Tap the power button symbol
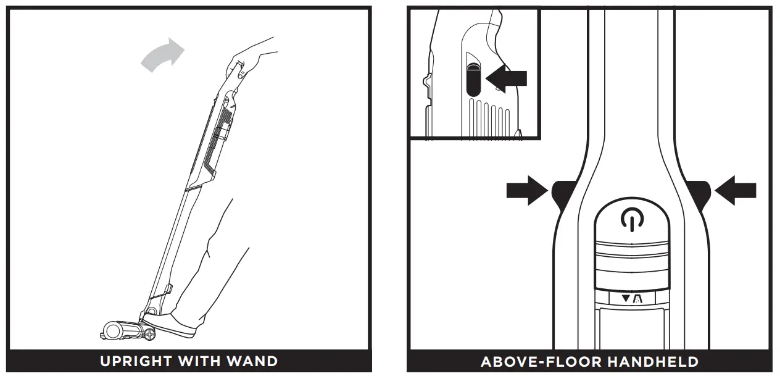point(630,219)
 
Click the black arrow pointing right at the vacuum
point(526,191)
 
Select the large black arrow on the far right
point(736,191)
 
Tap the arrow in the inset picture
point(507,78)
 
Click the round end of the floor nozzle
point(112,331)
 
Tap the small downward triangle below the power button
point(626,299)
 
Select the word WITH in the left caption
point(201,361)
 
